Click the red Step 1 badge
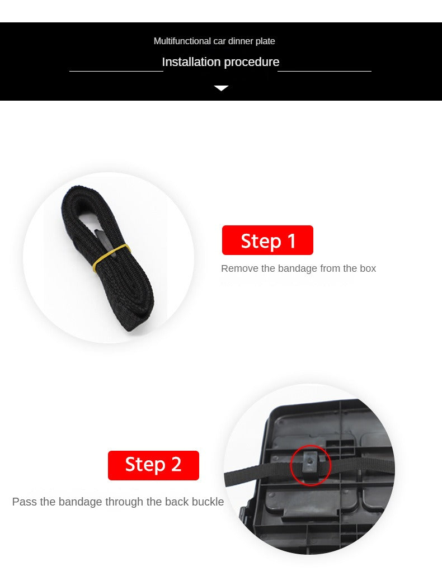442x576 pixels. click(267, 240)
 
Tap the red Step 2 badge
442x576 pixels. click(153, 465)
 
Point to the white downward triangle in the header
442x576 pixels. click(221, 88)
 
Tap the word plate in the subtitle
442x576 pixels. click(265, 41)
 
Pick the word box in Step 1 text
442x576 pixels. click(368, 268)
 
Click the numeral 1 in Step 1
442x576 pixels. click(291, 241)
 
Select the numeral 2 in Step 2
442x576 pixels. click(176, 464)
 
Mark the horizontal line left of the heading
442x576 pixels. click(116, 71)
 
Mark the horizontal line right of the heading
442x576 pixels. click(325, 71)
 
